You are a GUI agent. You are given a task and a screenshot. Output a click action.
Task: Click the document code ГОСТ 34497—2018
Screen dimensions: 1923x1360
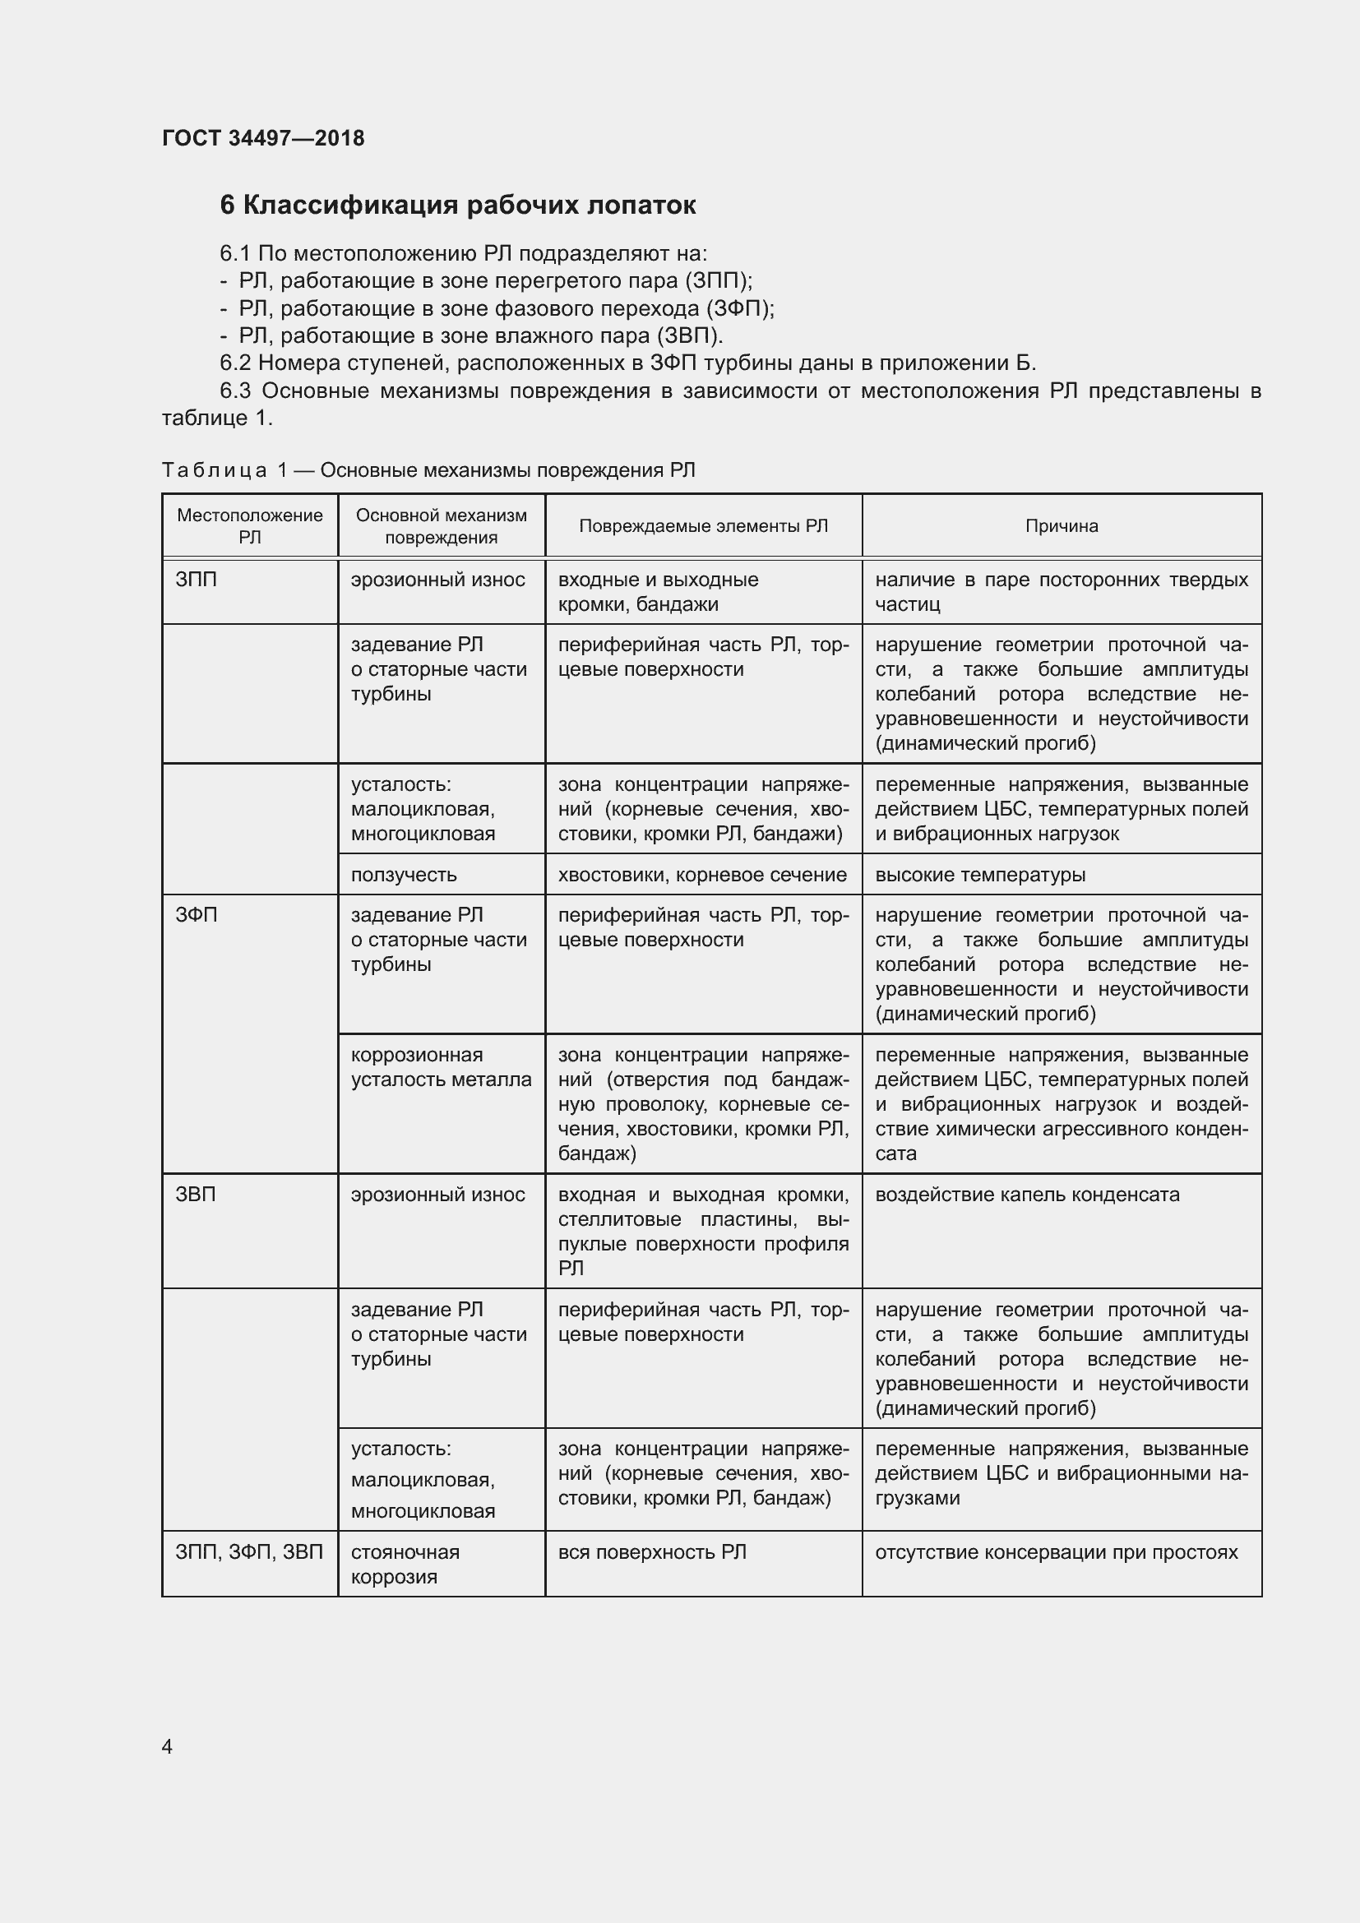[x=263, y=138]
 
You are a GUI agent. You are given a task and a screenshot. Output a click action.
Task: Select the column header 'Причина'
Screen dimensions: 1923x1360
[x=1061, y=526]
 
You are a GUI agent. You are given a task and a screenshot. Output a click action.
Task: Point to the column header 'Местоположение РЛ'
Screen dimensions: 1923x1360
[x=250, y=526]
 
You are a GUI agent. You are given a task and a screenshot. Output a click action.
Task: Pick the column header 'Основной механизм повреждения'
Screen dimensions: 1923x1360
[x=442, y=526]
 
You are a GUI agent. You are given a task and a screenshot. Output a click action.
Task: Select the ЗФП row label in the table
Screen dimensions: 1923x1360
[x=196, y=915]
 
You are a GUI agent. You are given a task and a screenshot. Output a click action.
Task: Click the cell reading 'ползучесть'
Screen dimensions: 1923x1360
[x=404, y=875]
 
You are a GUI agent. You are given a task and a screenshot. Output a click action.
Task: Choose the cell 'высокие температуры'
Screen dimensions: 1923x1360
[x=980, y=875]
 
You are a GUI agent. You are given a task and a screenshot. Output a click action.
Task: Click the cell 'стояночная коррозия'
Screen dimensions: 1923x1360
[x=405, y=1564]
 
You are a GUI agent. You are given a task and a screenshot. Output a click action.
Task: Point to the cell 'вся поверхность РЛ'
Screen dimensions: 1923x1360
[x=651, y=1552]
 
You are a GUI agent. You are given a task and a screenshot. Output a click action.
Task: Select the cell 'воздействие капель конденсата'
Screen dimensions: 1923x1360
[x=1027, y=1195]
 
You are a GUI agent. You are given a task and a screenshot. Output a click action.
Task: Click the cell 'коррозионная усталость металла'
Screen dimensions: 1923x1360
[x=441, y=1067]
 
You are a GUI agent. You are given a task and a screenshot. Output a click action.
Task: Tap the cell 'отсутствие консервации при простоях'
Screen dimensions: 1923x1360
[x=1056, y=1552]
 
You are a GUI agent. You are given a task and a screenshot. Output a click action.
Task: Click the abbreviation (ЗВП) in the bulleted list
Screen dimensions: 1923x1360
[x=688, y=336]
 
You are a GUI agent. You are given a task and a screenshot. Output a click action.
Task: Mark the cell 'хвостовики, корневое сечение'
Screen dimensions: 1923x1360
[x=701, y=875]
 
